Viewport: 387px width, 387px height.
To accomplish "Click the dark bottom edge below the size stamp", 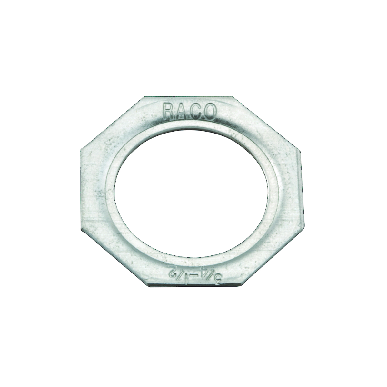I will (193, 286).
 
